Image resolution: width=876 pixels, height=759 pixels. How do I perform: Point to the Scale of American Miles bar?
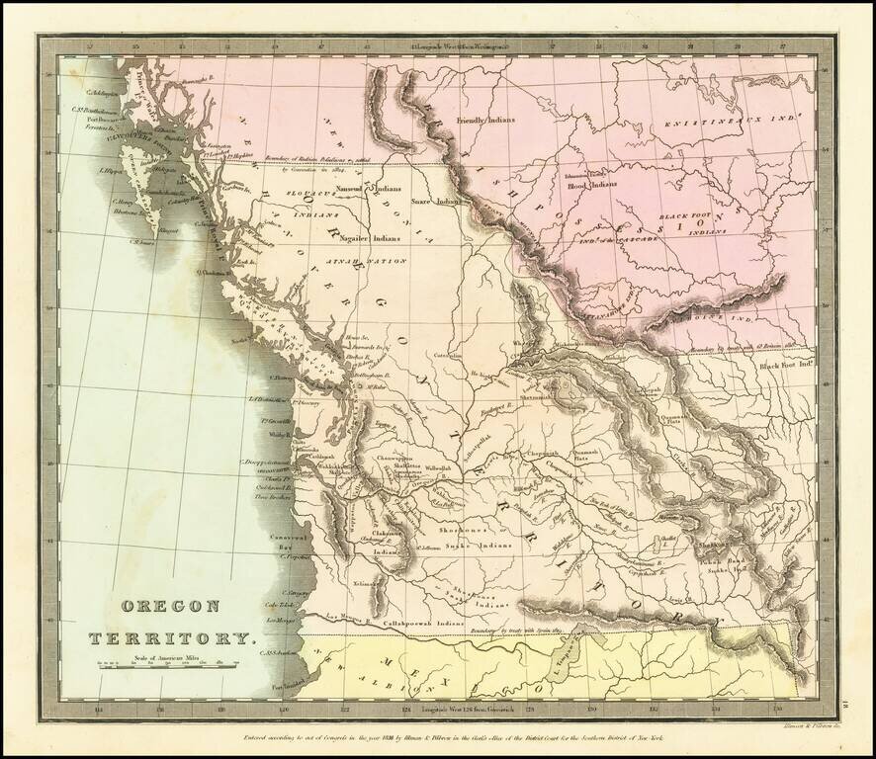point(165,670)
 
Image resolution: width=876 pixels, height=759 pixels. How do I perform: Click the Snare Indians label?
point(439,199)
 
